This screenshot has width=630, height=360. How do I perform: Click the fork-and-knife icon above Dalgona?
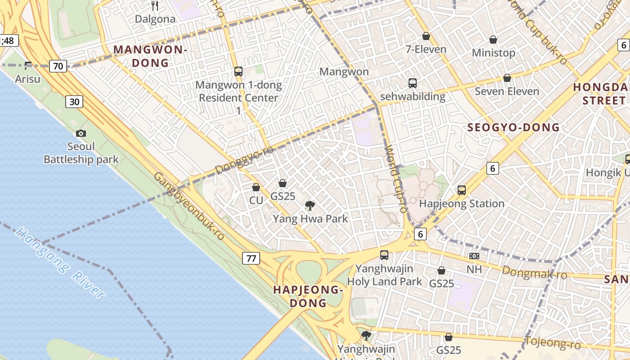tap(155, 5)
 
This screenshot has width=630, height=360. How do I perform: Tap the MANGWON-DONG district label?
tap(150, 56)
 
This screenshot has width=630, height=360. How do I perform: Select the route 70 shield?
tap(58, 67)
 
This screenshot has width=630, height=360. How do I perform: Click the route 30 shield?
tap(74, 102)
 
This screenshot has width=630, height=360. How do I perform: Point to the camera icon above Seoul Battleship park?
tap(81, 133)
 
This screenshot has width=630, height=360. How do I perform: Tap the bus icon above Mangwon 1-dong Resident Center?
tap(238, 71)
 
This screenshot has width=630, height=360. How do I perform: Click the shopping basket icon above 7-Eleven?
tap(426, 36)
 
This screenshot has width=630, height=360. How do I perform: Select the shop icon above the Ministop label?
tap(493, 40)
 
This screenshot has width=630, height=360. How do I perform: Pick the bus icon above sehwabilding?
tap(412, 83)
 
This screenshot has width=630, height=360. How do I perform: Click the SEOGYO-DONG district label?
tap(513, 127)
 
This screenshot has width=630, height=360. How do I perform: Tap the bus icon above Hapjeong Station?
tap(462, 190)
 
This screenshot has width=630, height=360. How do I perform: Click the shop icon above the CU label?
tap(256, 187)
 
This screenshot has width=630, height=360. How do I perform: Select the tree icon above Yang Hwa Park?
tap(310, 206)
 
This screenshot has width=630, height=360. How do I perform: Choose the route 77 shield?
tap(251, 258)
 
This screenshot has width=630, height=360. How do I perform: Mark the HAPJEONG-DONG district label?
tap(308, 296)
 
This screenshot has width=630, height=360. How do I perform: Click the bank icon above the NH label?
tap(474, 256)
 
